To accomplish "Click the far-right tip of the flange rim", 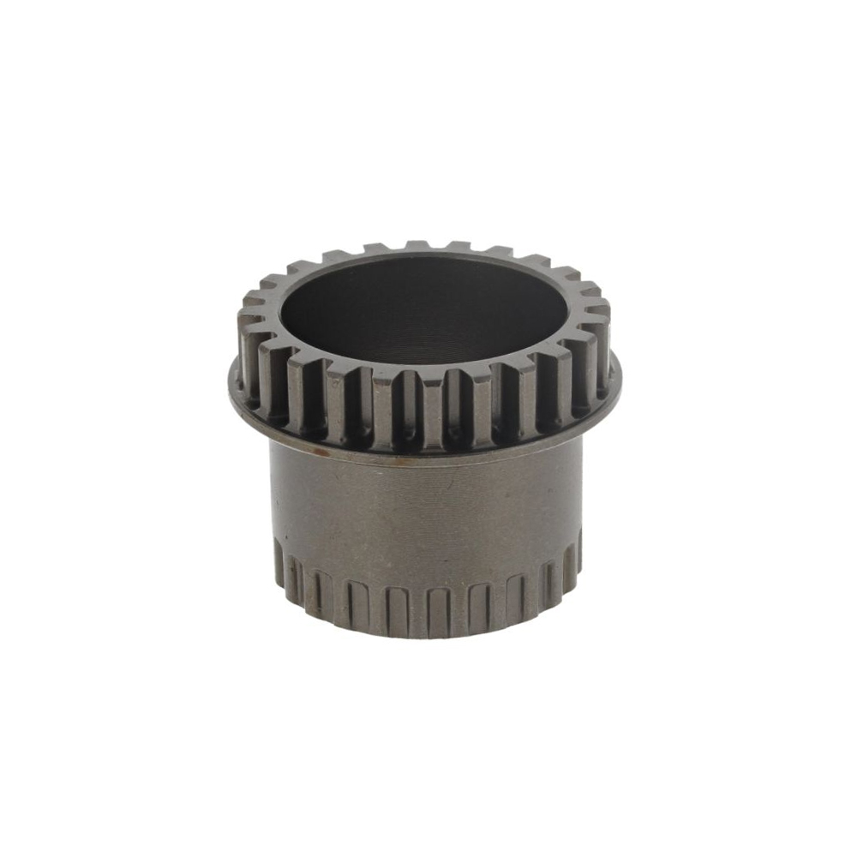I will (620, 370).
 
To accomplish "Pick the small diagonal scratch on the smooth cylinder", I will (514, 497).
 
